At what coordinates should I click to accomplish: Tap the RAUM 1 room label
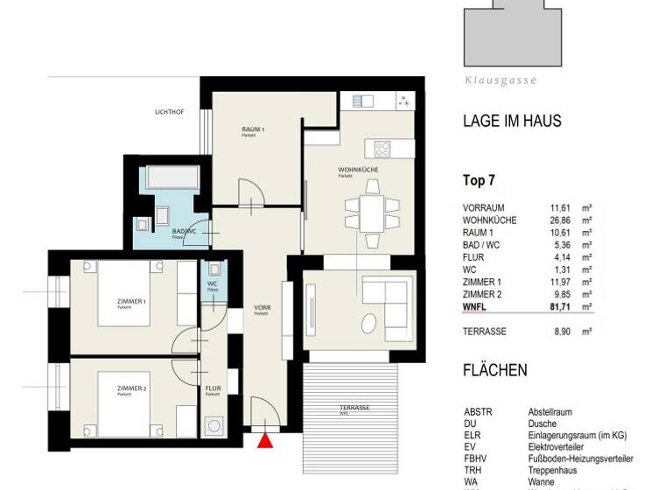pyautogui.click(x=253, y=130)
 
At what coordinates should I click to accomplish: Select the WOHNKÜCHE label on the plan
pyautogui.click(x=355, y=170)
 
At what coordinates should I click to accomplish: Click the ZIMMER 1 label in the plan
pyautogui.click(x=132, y=302)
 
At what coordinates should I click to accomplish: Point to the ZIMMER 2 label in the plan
pyautogui.click(x=132, y=388)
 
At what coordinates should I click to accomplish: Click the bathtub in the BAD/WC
pyautogui.click(x=173, y=178)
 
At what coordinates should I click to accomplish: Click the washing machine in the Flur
pyautogui.click(x=213, y=425)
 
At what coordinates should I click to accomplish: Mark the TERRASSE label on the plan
pyautogui.click(x=354, y=409)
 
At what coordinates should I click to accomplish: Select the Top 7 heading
pyautogui.click(x=479, y=182)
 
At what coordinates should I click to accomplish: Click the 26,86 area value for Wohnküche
pyautogui.click(x=561, y=220)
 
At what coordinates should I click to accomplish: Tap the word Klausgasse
pyautogui.click(x=500, y=80)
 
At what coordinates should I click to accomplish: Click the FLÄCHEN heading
pyautogui.click(x=494, y=370)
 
